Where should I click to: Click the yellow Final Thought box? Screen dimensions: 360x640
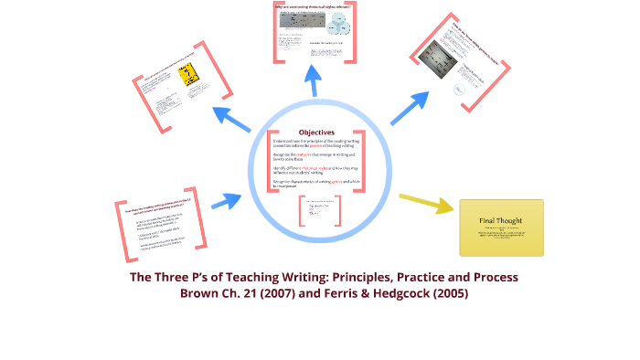[x=500, y=228]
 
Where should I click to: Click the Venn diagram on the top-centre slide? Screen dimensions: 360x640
[x=332, y=28]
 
